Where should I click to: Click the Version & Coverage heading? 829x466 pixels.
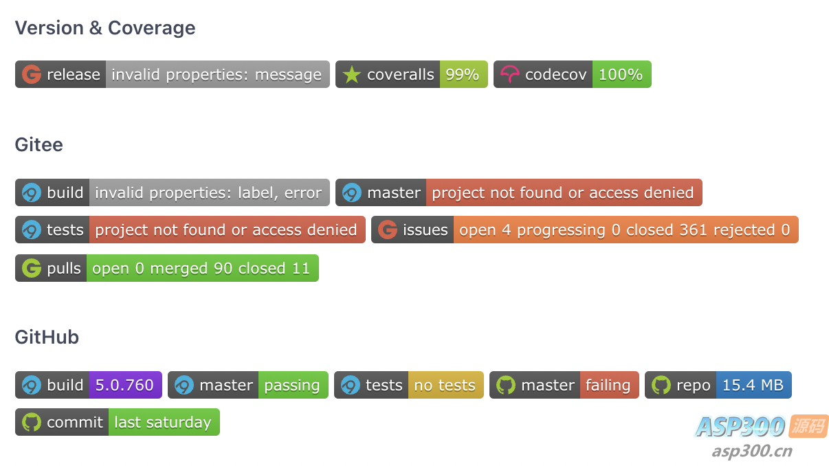105,28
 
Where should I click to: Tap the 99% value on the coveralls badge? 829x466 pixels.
462,74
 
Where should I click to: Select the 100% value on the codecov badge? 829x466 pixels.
621,74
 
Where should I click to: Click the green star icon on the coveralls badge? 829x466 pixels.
351,74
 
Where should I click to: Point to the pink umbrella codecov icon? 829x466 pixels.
510,74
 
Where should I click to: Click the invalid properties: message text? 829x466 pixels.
217,75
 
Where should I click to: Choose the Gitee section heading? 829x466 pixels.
39,145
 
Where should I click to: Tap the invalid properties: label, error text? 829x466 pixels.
208,193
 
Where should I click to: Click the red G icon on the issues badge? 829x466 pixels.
388,230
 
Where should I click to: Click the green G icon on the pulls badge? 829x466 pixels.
32,268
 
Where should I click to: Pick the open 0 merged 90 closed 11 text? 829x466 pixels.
201,268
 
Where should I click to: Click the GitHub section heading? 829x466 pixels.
47,337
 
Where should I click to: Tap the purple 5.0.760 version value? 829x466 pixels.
124,386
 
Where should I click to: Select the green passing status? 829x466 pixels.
292,386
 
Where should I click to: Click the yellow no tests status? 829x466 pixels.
445,386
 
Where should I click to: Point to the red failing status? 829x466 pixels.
608,386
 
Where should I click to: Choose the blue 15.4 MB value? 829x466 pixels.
753,386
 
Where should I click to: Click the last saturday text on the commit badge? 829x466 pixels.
163,423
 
